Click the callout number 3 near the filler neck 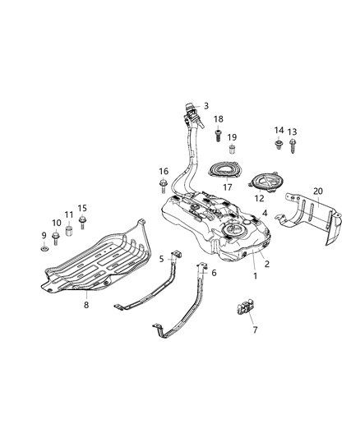tap(206, 106)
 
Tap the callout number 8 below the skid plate tap(86, 304)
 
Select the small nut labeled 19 tap(233, 150)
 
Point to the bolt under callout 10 tap(56, 239)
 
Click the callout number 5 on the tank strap tap(162, 258)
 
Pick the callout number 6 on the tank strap tap(214, 273)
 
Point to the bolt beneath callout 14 tap(279, 145)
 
